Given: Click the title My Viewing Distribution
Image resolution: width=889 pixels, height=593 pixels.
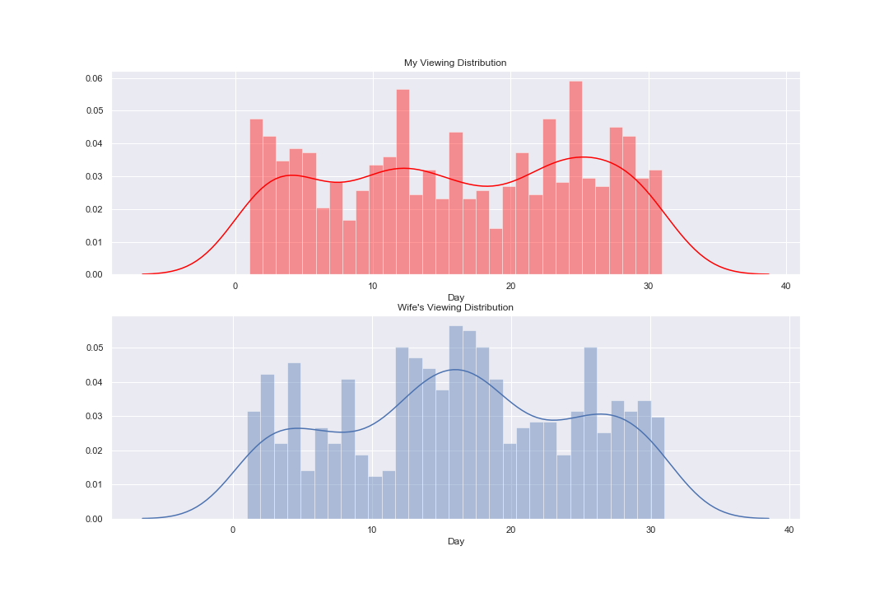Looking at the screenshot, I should tap(454, 63).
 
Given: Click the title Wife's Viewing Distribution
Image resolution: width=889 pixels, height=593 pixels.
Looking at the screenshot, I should tap(455, 307).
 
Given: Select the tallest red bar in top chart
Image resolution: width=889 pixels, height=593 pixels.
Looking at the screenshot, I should tap(575, 178).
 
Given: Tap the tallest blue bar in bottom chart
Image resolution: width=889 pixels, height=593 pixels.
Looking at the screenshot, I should tap(455, 422).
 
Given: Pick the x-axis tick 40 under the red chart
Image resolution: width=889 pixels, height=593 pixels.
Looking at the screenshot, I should tap(785, 286).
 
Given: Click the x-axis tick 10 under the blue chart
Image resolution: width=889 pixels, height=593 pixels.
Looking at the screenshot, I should tap(372, 530).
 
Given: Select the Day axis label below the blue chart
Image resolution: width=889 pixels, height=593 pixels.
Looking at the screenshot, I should tap(455, 541).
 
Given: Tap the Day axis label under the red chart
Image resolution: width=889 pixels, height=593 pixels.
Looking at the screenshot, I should tap(455, 296).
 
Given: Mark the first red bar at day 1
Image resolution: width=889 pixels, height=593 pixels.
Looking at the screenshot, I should tap(256, 198).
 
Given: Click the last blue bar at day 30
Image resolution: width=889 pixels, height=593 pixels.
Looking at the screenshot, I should tap(658, 468).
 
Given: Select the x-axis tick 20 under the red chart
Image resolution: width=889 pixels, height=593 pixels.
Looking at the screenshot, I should tap(510, 286).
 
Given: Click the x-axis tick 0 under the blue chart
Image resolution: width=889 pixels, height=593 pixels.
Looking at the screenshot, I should tap(233, 530).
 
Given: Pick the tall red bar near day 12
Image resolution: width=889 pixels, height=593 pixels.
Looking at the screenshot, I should tap(403, 181).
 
